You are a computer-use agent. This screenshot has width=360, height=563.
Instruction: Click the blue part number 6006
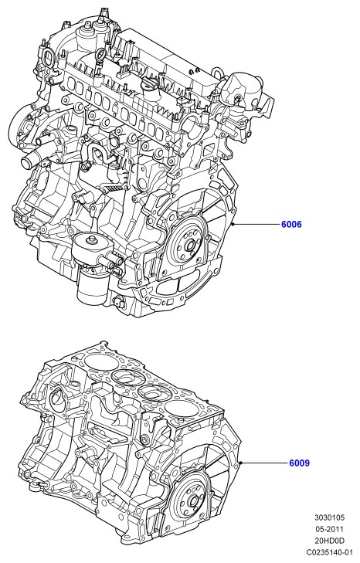pyautogui.click(x=291, y=225)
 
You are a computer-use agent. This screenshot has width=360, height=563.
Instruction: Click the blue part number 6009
pyautogui.click(x=299, y=463)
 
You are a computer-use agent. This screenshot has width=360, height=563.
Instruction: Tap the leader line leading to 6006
pyautogui.click(x=256, y=225)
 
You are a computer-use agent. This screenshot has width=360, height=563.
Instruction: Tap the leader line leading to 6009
pyautogui.click(x=264, y=463)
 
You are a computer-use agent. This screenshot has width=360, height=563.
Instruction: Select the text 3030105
pyautogui.click(x=329, y=517)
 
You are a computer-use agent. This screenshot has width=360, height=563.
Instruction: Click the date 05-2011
pyautogui.click(x=329, y=529)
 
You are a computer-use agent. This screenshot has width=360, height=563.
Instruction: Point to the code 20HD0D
pyautogui.click(x=329, y=541)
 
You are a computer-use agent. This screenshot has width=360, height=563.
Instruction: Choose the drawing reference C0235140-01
pyautogui.click(x=329, y=552)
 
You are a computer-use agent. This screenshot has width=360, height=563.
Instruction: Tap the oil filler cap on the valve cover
pyautogui.click(x=151, y=86)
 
